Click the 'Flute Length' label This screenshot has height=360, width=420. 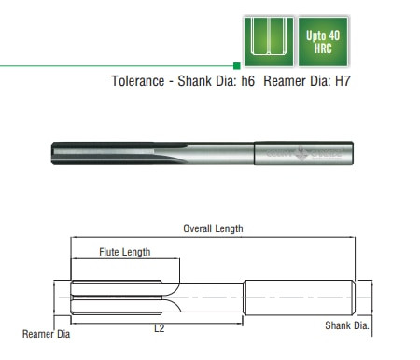(x=124, y=252)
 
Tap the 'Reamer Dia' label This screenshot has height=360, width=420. (x=46, y=333)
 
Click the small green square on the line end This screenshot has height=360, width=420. (x=236, y=65)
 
